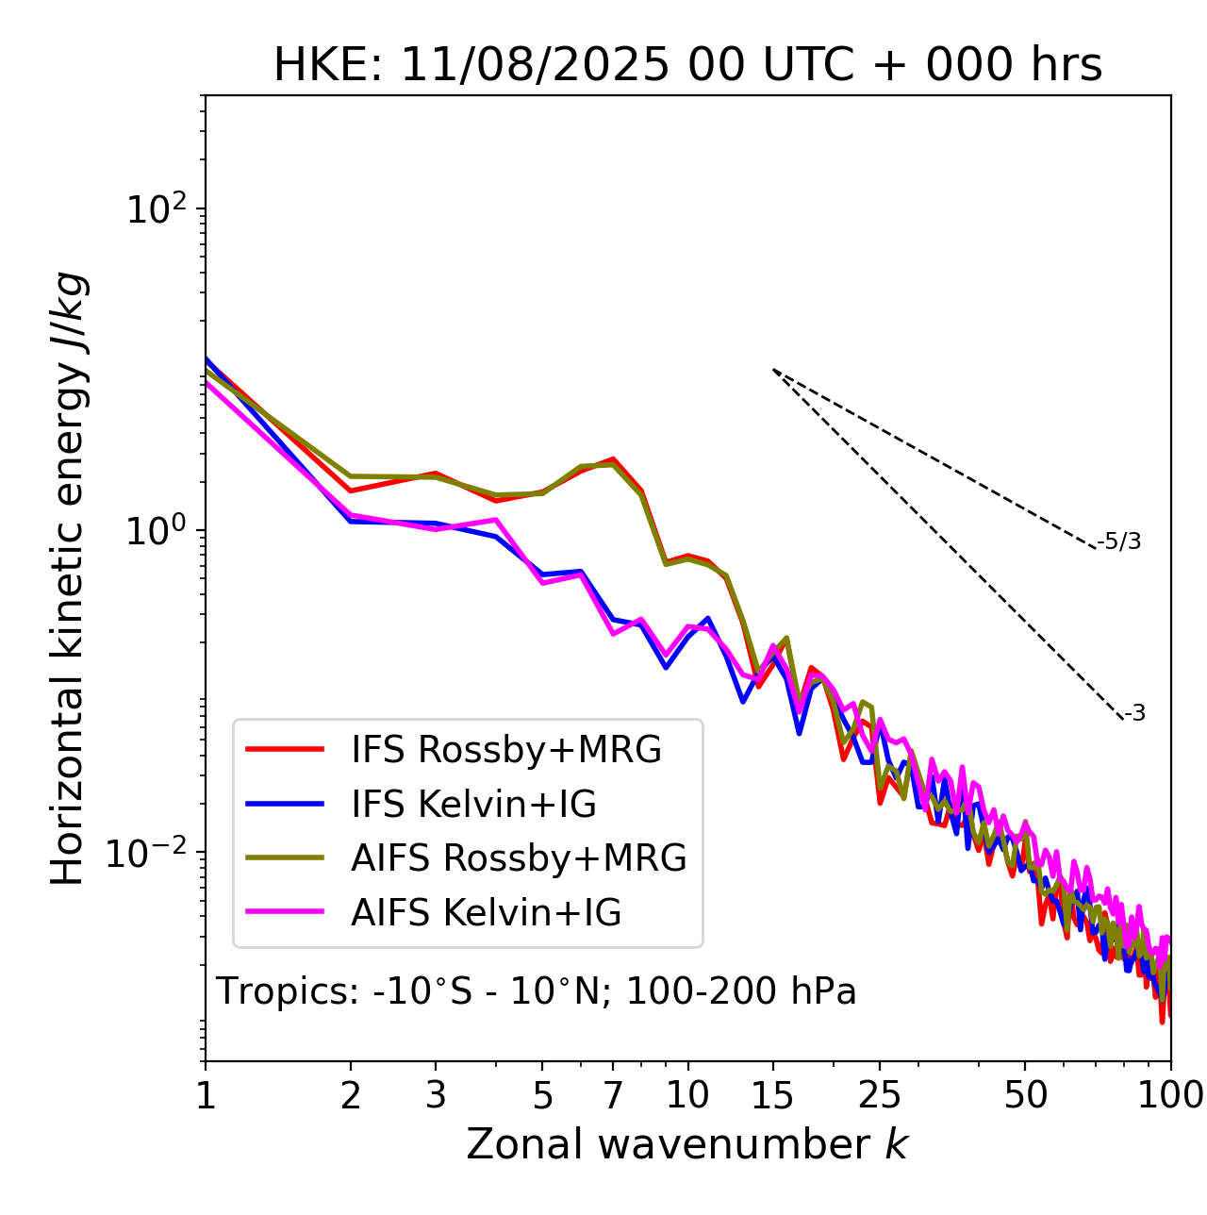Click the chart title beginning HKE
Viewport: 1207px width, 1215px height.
(687, 65)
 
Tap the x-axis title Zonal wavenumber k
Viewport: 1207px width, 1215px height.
(686, 1144)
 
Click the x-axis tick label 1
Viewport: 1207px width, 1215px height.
(205, 1095)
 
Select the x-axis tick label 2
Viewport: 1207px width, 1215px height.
(351, 1095)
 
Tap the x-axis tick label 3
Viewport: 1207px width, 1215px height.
(436, 1095)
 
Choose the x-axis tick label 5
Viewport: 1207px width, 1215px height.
(542, 1095)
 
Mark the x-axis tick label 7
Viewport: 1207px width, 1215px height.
(613, 1095)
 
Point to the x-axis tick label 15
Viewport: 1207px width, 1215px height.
(773, 1095)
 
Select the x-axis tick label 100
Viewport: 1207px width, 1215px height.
(1170, 1095)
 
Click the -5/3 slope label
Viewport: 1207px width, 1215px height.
(1119, 541)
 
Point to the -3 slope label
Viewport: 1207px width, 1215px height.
(1134, 714)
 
